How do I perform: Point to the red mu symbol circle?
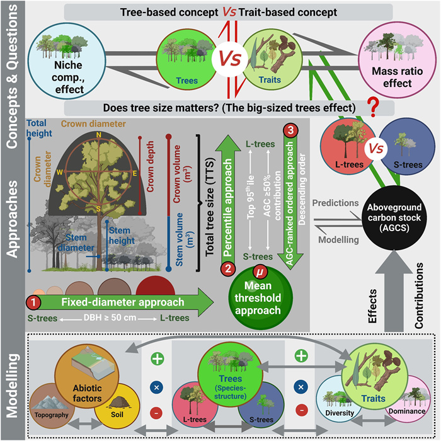coord(256,272)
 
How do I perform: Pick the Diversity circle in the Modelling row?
coord(340,401)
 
